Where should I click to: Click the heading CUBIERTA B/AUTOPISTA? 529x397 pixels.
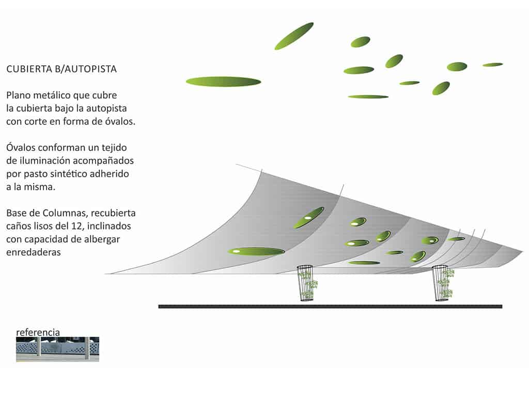pos(61,69)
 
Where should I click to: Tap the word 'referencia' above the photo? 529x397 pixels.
pos(38,332)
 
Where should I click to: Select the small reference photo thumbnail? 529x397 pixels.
pos(57,349)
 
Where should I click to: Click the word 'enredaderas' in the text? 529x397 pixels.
pos(34,253)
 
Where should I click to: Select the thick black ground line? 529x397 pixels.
pos(330,307)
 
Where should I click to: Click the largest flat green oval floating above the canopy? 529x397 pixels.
pos(223,82)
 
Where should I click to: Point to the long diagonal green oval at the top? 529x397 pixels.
pos(294,36)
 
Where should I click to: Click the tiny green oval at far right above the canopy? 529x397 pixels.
pos(492,65)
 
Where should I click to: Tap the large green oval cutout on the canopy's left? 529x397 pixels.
pos(256,251)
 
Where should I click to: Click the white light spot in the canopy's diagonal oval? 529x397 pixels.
pos(307,218)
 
